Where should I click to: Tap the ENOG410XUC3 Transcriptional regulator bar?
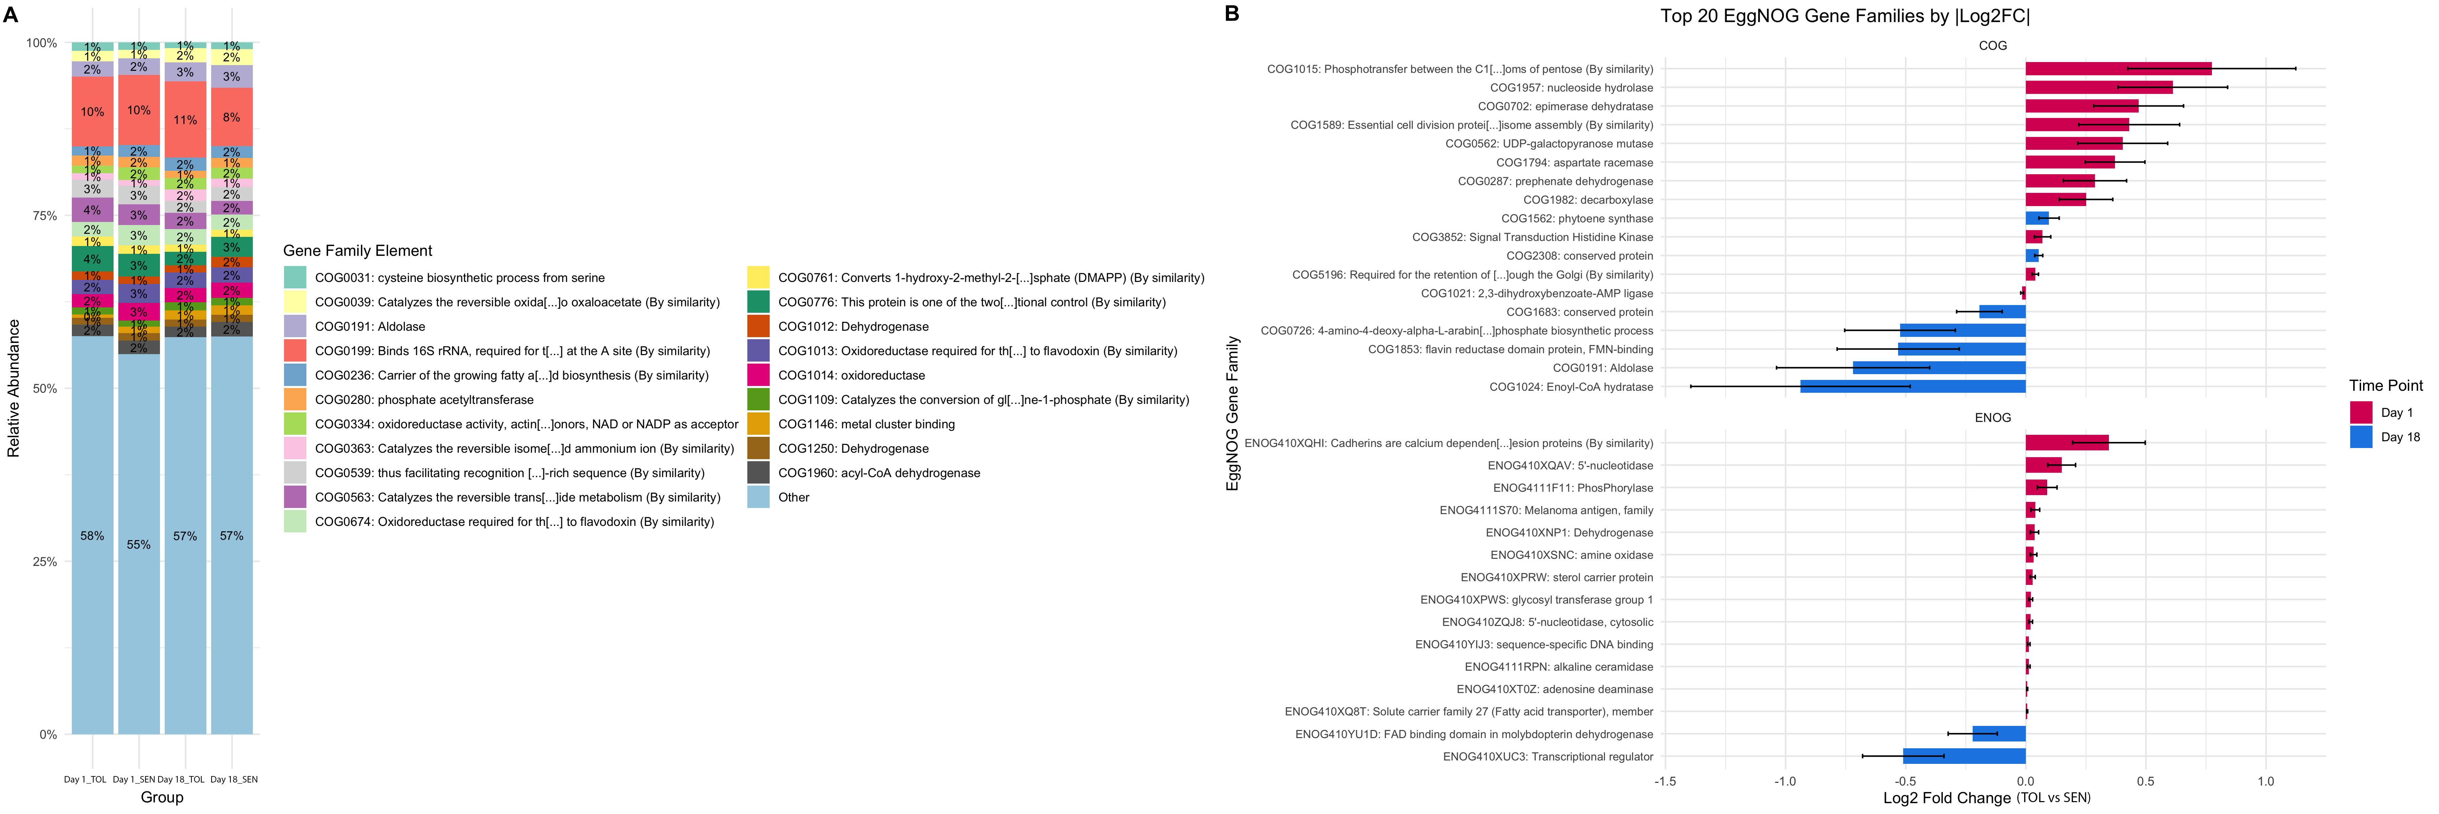pyautogui.click(x=1964, y=756)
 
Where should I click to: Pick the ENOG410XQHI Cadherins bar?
pyautogui.click(x=2067, y=443)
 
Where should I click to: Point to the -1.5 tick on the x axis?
pyautogui.click(x=1665, y=782)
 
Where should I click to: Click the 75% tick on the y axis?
pyautogui.click(x=44, y=216)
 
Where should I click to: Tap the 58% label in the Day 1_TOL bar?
pyautogui.click(x=92, y=536)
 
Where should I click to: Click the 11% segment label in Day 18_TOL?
pyautogui.click(x=185, y=120)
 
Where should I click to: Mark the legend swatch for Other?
pyautogui.click(x=759, y=497)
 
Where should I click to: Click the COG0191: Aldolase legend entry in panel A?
pyautogui.click(x=369, y=327)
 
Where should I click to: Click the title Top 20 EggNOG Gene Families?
pyautogui.click(x=1845, y=16)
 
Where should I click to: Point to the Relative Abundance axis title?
pyautogui.click(x=13, y=388)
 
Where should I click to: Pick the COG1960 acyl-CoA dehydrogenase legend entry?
pyautogui.click(x=879, y=473)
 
